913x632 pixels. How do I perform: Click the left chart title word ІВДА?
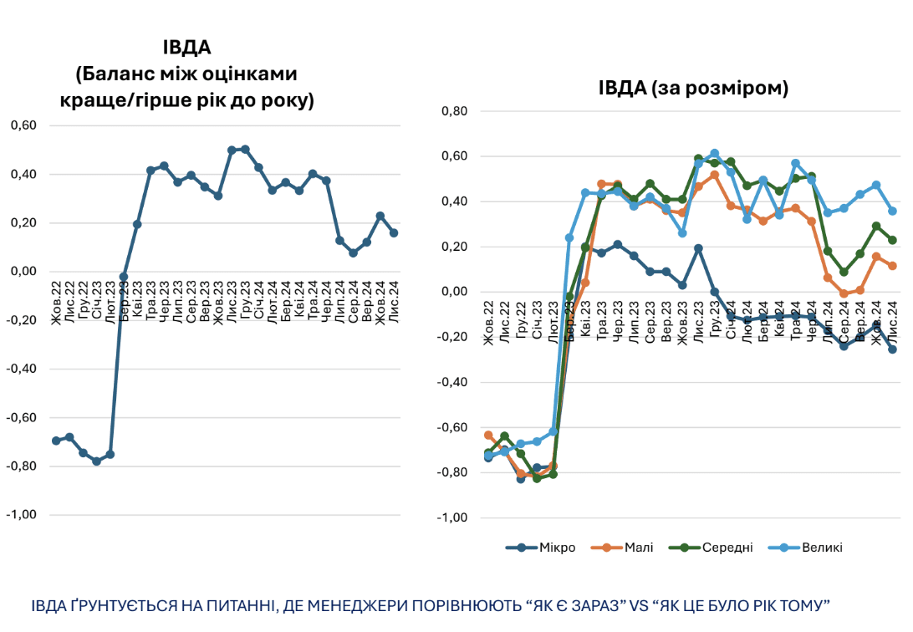tap(186, 47)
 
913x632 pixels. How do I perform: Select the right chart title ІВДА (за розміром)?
tap(693, 88)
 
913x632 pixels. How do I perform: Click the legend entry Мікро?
tap(556, 548)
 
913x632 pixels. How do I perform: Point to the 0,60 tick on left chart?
tap(23, 126)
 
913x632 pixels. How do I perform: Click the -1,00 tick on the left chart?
tap(22, 514)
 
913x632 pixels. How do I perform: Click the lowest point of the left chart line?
tap(96, 461)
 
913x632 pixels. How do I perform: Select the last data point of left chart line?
tap(394, 233)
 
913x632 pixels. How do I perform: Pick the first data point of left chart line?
tap(56, 441)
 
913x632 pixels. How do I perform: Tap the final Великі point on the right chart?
tap(892, 212)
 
